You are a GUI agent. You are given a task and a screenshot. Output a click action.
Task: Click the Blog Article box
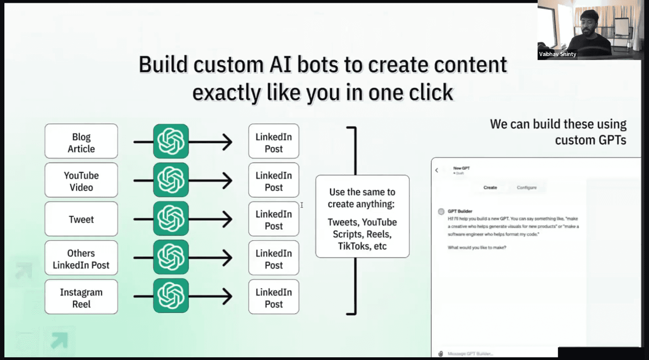coord(81,141)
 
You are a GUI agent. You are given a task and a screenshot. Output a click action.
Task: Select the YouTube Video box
coord(81,180)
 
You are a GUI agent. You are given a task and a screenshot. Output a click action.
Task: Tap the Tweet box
coord(81,219)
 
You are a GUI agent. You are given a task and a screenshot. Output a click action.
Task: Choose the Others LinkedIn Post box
coord(81,258)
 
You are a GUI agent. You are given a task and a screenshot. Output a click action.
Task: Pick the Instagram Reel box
coord(81,297)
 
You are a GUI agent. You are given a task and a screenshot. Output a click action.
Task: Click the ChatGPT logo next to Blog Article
coord(171,141)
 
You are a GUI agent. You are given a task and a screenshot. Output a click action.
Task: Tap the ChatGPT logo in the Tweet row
coord(171,219)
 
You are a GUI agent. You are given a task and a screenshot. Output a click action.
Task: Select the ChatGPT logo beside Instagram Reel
coord(171,296)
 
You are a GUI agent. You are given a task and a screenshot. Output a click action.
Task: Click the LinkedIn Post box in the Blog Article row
coord(274,141)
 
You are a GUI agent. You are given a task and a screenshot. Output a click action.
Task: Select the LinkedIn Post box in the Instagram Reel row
coord(274,297)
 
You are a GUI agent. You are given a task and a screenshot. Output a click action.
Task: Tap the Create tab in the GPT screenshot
coord(490,188)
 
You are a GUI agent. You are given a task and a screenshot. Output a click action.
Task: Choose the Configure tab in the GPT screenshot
coord(526,188)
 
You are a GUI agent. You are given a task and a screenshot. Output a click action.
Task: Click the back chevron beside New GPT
coord(437,170)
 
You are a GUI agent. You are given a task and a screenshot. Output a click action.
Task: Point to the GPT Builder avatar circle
coord(441,212)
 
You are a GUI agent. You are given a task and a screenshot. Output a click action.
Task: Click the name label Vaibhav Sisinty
coord(557,54)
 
